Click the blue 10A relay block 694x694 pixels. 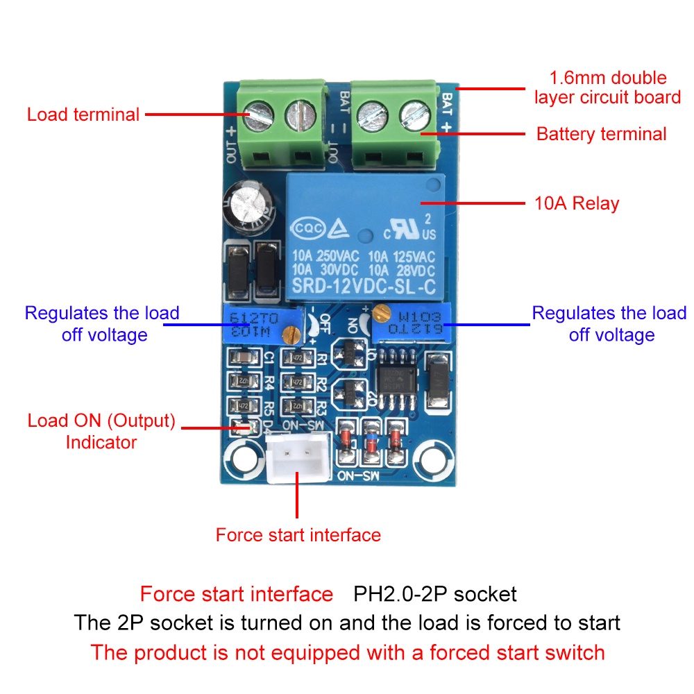[x=365, y=236]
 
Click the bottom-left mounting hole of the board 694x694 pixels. [x=243, y=459]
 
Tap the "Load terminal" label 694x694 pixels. [x=83, y=114]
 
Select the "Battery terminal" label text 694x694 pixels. [x=601, y=134]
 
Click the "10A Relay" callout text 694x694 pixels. [x=576, y=203]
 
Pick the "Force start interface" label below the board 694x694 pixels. [x=298, y=535]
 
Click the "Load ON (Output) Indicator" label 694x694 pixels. [x=101, y=431]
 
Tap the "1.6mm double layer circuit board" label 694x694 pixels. [x=608, y=87]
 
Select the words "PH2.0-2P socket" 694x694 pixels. [x=435, y=595]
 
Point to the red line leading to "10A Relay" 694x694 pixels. [x=472, y=203]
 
